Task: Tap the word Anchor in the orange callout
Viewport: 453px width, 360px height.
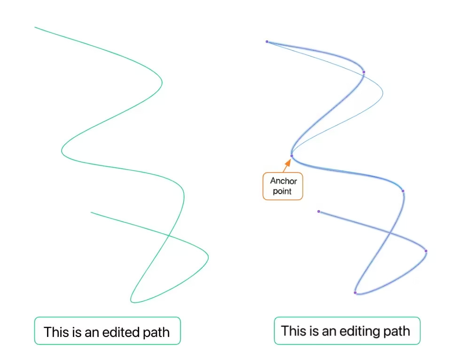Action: pyautogui.click(x=283, y=181)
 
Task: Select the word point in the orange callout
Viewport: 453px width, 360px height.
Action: pyautogui.click(x=282, y=191)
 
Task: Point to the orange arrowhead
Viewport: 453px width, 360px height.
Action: pyautogui.click(x=288, y=163)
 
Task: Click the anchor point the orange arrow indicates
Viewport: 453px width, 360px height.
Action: pyautogui.click(x=291, y=156)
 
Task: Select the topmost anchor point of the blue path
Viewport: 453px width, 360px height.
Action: pyautogui.click(x=267, y=42)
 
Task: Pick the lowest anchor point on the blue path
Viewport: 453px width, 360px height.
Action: pyautogui.click(x=355, y=293)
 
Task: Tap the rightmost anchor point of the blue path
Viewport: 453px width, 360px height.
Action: pyautogui.click(x=426, y=251)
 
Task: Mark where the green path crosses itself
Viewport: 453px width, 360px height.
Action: pyautogui.click(x=168, y=234)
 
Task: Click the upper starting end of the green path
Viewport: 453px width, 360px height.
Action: pyautogui.click(x=35, y=27)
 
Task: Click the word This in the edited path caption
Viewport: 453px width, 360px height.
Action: pyautogui.click(x=55, y=332)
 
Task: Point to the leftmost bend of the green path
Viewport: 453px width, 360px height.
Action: pyautogui.click(x=62, y=151)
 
